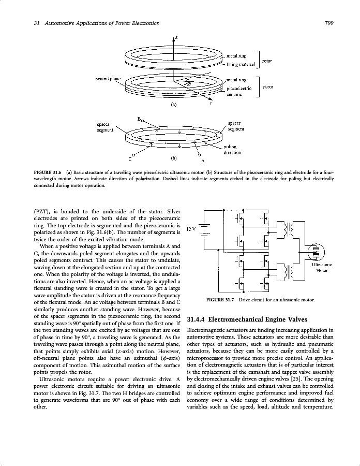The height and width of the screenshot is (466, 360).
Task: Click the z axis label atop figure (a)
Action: point(176,38)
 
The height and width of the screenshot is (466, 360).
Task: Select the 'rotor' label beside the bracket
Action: point(267,61)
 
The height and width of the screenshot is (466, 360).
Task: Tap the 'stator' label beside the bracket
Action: point(267,86)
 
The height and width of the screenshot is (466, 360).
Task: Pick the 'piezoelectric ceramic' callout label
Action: point(239,91)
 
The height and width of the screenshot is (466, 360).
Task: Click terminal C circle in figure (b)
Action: point(134,154)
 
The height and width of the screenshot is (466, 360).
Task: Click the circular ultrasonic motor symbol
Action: point(315,252)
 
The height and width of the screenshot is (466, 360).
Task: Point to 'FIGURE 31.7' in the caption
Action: point(220,300)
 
